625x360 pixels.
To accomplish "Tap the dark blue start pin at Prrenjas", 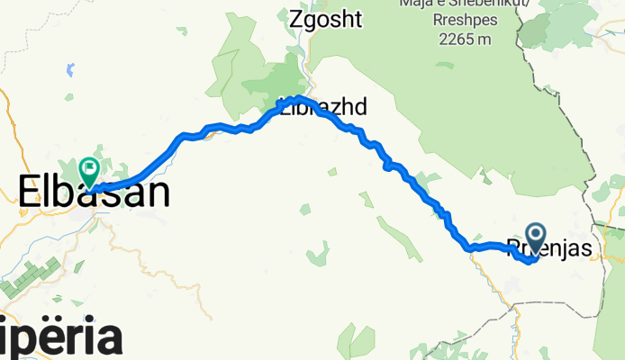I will pos(536,238).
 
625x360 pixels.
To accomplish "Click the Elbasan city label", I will pos(94,193).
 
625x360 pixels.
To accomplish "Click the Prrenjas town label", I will pos(549,248).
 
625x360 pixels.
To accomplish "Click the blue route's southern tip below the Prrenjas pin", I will pos(528,262).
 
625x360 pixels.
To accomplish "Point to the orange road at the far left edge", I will pos(7,135).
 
